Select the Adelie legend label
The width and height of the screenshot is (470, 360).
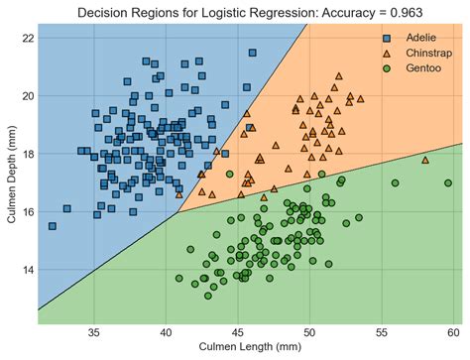pos(420,37)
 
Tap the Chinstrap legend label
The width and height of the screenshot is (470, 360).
pos(427,53)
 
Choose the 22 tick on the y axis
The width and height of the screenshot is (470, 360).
pos(27,38)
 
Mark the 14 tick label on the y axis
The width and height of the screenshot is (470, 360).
pos(27,270)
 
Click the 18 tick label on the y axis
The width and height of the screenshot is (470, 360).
pos(27,154)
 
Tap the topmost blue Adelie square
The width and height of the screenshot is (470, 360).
pos(253,53)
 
